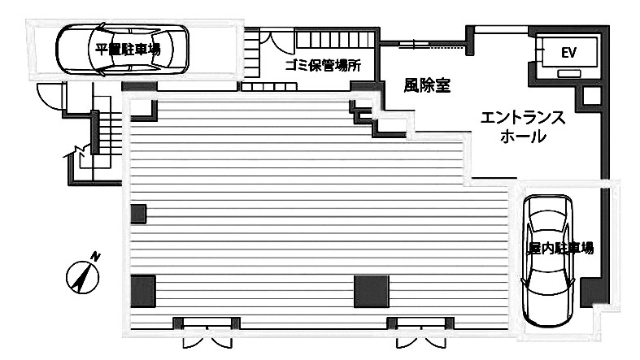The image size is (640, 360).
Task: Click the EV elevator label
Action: pos(568,54)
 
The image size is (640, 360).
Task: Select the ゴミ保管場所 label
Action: pos(323,66)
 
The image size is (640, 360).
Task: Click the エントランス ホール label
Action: pos(522,127)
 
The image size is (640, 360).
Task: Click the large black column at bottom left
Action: pos(142,291)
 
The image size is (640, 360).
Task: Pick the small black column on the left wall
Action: pos(138,214)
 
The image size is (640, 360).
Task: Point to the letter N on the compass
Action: pos(96,256)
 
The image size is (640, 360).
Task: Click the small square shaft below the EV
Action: pos(591,96)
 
